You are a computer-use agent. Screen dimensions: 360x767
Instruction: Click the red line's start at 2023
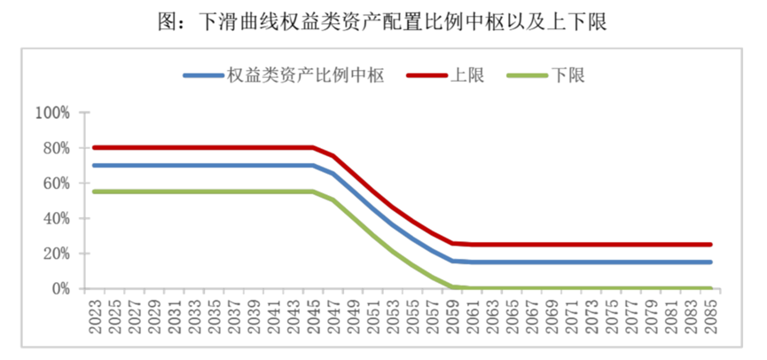click(93, 147)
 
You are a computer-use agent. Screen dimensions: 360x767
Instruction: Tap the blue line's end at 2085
click(710, 262)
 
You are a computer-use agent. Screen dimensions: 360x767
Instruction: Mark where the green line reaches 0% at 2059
click(452, 286)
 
